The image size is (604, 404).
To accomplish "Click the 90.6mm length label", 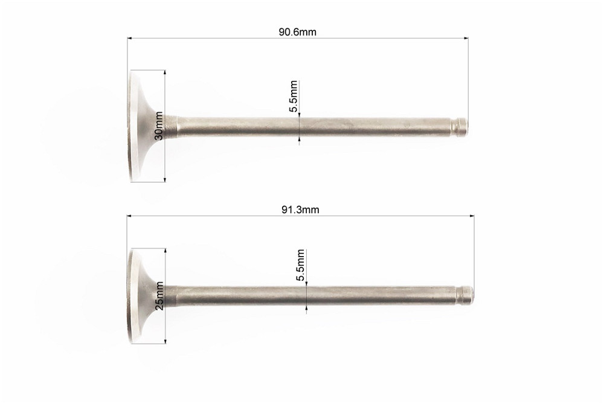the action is [297, 32].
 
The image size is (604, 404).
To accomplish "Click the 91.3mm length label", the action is [300, 210].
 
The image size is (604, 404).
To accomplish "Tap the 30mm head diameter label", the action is [159, 126].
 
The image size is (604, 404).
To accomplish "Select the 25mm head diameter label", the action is [159, 295].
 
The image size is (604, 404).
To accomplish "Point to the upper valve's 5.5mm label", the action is [294, 96].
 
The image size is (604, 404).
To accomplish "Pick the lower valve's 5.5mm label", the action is [301, 265].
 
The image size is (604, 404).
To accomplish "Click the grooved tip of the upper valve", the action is [459, 127].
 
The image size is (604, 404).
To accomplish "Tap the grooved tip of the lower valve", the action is [465, 295].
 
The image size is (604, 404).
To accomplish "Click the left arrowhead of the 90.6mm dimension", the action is [130, 38].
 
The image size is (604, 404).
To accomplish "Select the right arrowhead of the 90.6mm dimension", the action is [466, 38].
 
